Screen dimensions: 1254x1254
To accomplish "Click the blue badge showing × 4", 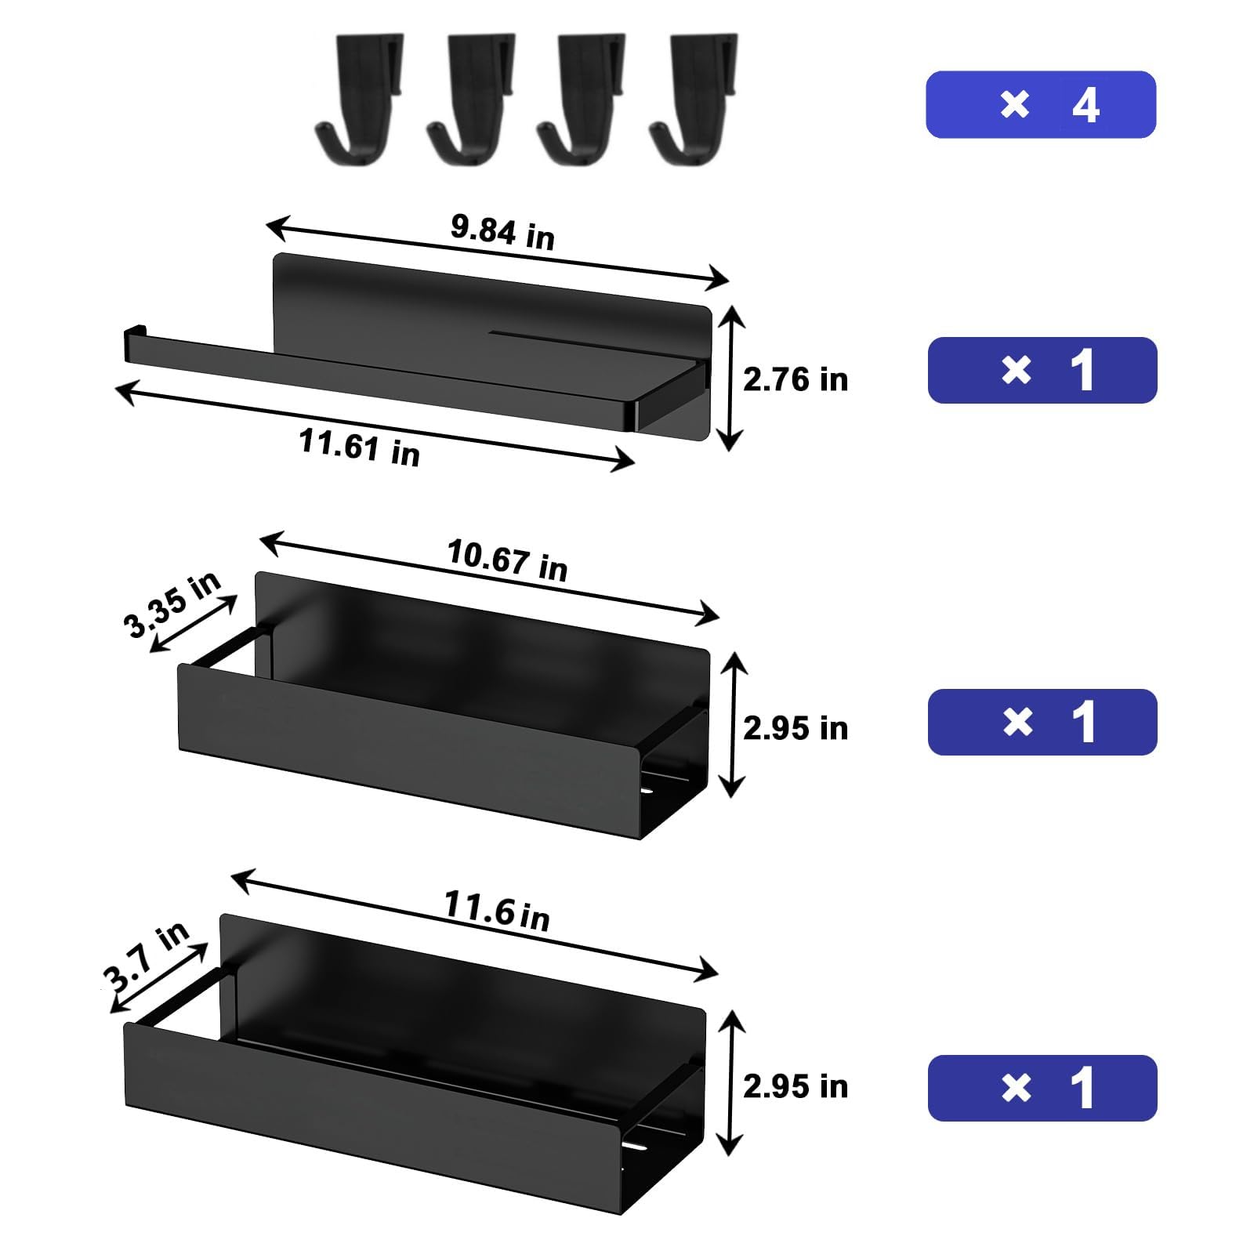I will pyautogui.click(x=1041, y=105).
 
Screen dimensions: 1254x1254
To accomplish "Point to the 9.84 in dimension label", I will pyautogui.click(x=502, y=232).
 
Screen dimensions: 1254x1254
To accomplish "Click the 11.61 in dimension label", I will pyautogui.click(x=360, y=448).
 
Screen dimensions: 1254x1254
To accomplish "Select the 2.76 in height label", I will pyautogui.click(x=795, y=380).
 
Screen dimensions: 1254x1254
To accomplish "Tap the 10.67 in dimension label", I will pyautogui.click(x=507, y=560).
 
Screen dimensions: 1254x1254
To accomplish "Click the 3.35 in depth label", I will pyautogui.click(x=172, y=603).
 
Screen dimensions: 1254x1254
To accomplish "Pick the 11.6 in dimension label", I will pyautogui.click(x=497, y=911).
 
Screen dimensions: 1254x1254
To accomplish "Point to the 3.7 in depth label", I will pyautogui.click(x=147, y=955).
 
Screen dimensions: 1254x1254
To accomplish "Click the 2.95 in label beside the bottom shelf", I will pyautogui.click(x=795, y=1086).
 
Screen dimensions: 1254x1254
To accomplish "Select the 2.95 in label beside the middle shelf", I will pyautogui.click(x=795, y=728).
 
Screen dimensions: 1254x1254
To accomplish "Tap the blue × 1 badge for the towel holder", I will pyautogui.click(x=1042, y=371).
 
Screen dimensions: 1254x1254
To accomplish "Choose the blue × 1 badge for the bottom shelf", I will pyautogui.click(x=1042, y=1088).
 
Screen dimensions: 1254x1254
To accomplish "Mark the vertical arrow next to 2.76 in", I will pyautogui.click(x=730, y=379).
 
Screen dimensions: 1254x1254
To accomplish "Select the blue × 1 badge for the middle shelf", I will pyautogui.click(x=1042, y=722).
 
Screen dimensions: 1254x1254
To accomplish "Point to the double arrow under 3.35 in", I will pyautogui.click(x=193, y=624).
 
